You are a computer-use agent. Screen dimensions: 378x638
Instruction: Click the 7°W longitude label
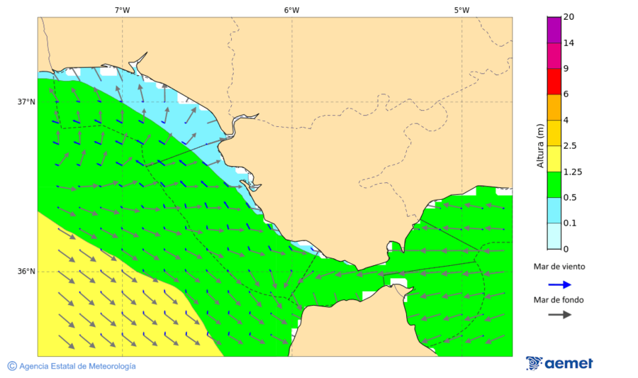[x=122, y=10]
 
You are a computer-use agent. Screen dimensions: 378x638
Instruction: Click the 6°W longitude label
[x=291, y=10]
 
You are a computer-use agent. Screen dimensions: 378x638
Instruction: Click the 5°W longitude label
[x=461, y=10]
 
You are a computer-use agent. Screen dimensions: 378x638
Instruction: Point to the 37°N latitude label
[x=26, y=101]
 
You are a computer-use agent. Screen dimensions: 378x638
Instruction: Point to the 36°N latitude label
[x=26, y=271]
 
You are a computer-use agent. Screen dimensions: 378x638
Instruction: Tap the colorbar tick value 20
[x=568, y=17]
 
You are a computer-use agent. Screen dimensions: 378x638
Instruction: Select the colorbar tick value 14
[x=568, y=43]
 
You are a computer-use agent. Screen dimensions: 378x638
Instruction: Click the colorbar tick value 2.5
[x=569, y=145]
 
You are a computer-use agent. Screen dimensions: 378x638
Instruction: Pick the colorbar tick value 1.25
[x=571, y=172]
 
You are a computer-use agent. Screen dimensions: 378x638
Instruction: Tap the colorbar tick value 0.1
[x=569, y=223]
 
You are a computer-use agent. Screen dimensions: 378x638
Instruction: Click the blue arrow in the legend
[x=559, y=284]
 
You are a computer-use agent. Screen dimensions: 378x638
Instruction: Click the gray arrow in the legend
[x=559, y=314]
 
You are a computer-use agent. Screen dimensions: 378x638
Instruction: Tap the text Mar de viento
[x=559, y=267]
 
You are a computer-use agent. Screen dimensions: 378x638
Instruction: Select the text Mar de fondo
[x=559, y=299]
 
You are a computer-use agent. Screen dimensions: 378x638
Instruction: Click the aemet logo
[x=559, y=363]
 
